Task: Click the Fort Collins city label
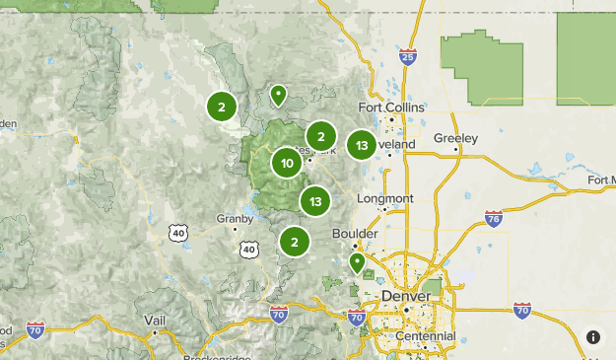click(391, 107)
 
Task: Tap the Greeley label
click(455, 138)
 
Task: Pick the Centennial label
click(424, 336)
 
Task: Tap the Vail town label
click(154, 321)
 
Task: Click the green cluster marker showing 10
click(287, 164)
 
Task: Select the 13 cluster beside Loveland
click(362, 146)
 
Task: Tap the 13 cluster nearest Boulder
click(315, 202)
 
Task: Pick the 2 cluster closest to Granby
click(294, 241)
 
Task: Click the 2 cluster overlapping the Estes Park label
click(321, 137)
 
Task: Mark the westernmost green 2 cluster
click(222, 108)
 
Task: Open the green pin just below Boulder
click(357, 262)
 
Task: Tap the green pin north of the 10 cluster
click(278, 96)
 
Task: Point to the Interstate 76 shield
click(494, 218)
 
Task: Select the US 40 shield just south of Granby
click(248, 250)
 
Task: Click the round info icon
click(593, 337)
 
